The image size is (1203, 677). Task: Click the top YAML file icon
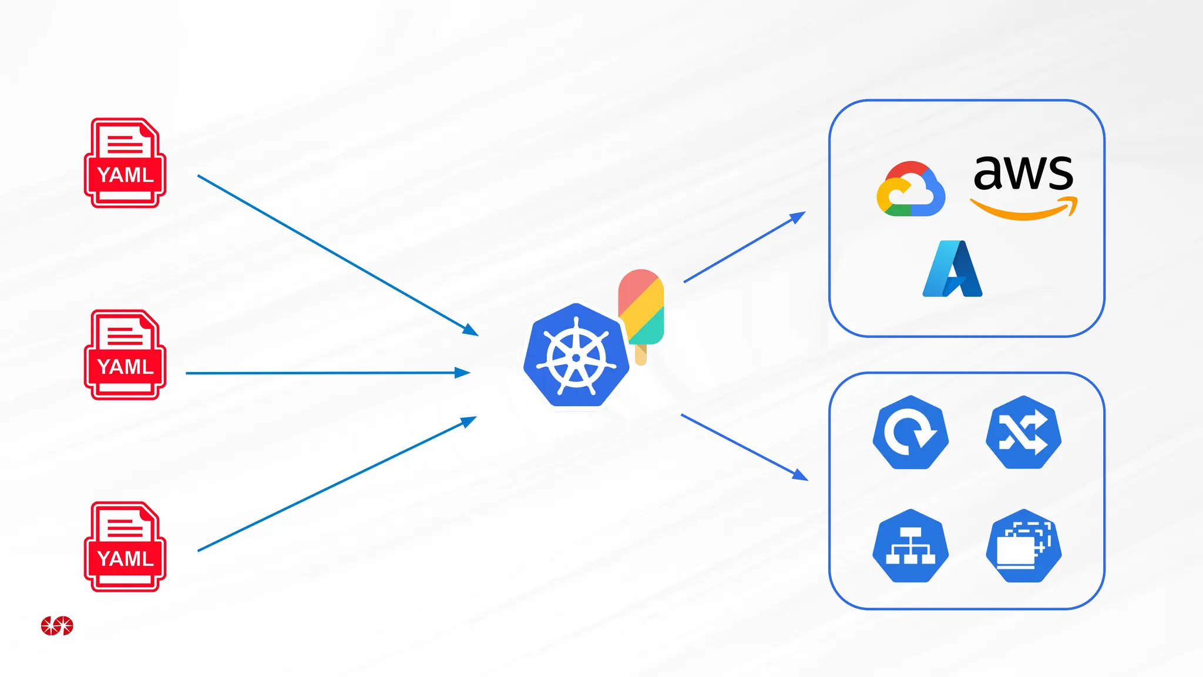coord(125,163)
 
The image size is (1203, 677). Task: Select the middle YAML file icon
coord(125,355)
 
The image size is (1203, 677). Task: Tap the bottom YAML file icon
coord(125,547)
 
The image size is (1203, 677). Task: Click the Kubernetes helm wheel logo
coord(576,356)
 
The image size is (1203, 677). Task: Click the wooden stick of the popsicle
coord(641,355)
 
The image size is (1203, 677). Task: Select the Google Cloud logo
coord(910,189)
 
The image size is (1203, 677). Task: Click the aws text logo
coord(1023,173)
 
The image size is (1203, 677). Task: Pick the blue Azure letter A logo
coord(953,269)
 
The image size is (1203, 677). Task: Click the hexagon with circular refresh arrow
coord(910,433)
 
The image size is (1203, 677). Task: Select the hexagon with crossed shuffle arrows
coord(1023,433)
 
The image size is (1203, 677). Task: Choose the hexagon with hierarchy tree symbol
coord(910,546)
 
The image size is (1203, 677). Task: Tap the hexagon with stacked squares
coord(1023,546)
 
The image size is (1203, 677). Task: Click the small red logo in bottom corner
coord(57,626)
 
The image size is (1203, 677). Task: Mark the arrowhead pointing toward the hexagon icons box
coord(801,475)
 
